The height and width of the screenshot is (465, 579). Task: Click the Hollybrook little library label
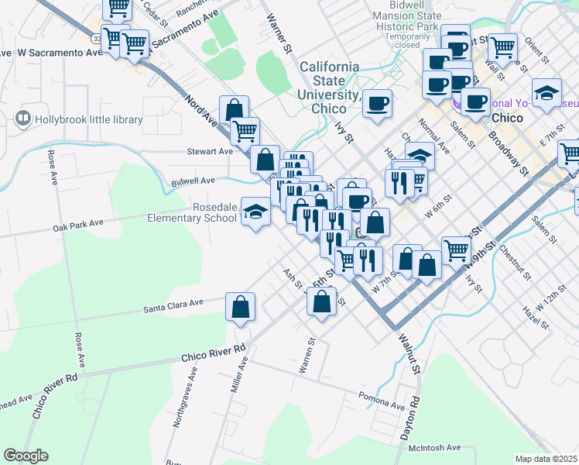click(89, 119)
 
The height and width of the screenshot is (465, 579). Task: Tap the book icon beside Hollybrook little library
click(23, 119)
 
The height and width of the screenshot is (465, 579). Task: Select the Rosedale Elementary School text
click(192, 212)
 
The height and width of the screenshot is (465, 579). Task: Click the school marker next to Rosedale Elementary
click(254, 212)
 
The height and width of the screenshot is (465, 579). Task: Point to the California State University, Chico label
click(329, 88)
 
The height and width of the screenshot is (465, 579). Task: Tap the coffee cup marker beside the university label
click(377, 103)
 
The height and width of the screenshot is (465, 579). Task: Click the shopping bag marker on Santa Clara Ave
click(241, 306)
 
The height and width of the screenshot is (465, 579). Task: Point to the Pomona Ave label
click(382, 405)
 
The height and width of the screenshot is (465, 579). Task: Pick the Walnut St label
click(408, 353)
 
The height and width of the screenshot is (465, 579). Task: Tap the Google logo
click(26, 456)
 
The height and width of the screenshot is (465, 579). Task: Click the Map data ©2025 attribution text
click(546, 459)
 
